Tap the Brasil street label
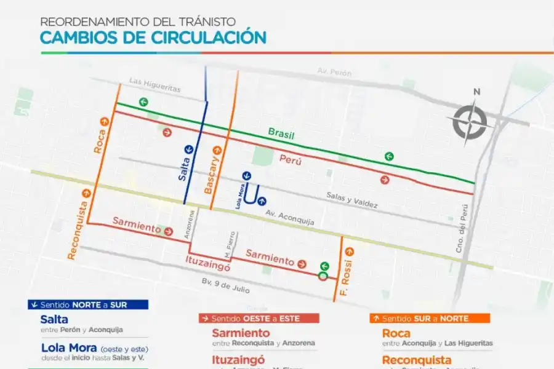[281, 133]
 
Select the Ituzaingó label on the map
[207, 265]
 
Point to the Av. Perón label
[334, 73]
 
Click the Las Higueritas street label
[155, 85]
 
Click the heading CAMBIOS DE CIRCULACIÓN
[153, 37]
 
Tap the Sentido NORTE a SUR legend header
[87, 304]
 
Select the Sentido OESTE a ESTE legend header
[259, 318]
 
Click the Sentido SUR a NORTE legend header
[429, 318]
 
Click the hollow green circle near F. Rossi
[323, 277]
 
